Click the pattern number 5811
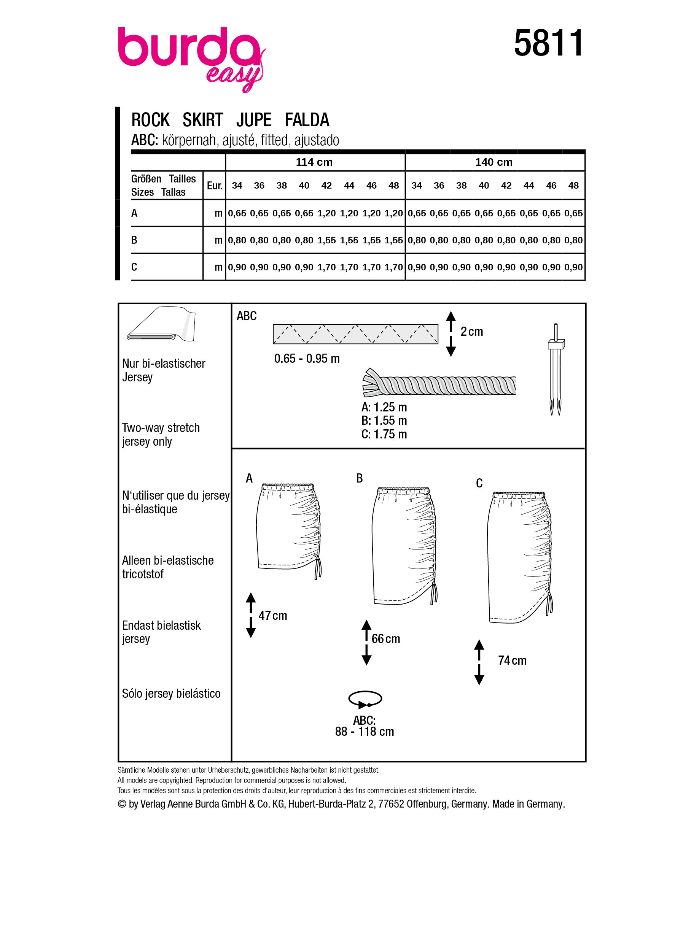click(548, 43)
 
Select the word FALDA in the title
click(307, 120)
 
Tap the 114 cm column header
click(314, 162)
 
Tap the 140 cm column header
click(494, 162)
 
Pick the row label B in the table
click(134, 240)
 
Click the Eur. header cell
click(215, 186)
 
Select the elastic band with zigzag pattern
click(355, 334)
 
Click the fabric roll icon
click(161, 325)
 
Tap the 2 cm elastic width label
click(472, 332)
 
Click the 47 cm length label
click(273, 615)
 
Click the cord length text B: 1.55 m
click(384, 421)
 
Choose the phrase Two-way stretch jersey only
click(161, 435)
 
